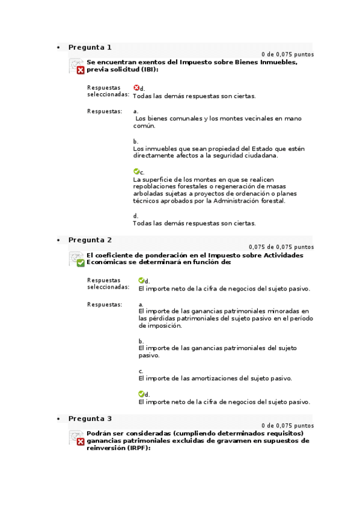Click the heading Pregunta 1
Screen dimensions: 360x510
pyautogui.click(x=90, y=47)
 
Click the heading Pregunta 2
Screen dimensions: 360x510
pyautogui.click(x=90, y=239)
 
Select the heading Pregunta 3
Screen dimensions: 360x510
pyautogui.click(x=90, y=419)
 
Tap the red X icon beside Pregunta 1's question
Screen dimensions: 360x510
pyautogui.click(x=80, y=70)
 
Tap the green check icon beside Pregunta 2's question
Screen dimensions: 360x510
pyautogui.click(x=80, y=263)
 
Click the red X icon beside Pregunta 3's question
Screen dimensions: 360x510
pyautogui.click(x=80, y=442)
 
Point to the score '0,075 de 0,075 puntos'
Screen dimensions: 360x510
pyautogui.click(x=281, y=247)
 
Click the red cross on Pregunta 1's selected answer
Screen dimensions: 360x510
pyautogui.click(x=136, y=88)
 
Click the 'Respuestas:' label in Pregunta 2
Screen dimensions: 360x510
pyautogui.click(x=105, y=304)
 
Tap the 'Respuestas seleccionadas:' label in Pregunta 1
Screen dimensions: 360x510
pyautogui.click(x=108, y=91)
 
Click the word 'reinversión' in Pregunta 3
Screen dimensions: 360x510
pyautogui.click(x=108, y=448)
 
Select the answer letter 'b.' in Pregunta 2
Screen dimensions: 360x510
pyautogui.click(x=141, y=341)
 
